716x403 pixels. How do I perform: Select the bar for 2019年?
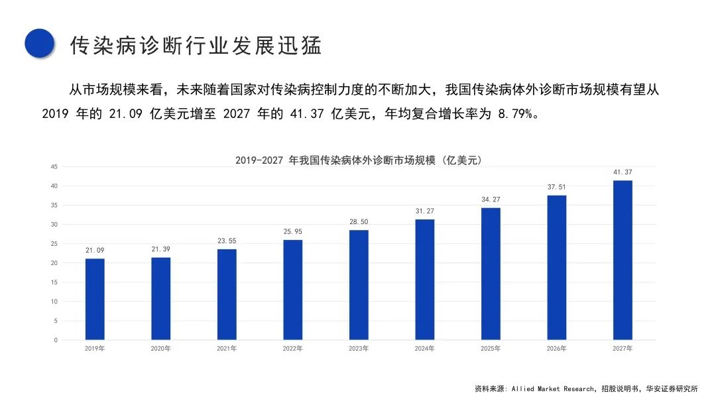click(95, 299)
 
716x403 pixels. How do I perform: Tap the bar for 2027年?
click(623, 260)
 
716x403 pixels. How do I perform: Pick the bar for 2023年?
click(359, 285)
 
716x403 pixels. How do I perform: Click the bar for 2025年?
click(491, 274)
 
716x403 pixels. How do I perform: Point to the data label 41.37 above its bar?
click(623, 172)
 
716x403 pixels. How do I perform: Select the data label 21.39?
click(160, 249)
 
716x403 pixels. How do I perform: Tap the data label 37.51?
click(556, 187)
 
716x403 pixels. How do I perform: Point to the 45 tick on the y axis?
click(54, 166)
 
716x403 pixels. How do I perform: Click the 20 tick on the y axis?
click(54, 263)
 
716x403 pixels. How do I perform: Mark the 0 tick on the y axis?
click(56, 340)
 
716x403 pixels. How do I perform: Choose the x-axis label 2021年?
click(227, 349)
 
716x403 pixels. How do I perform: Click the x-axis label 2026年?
click(556, 349)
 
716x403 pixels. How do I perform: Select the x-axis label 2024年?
click(424, 349)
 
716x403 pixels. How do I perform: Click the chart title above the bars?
click(358, 160)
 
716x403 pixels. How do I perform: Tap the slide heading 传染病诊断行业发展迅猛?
click(196, 46)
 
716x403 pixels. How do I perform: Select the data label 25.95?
click(292, 232)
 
